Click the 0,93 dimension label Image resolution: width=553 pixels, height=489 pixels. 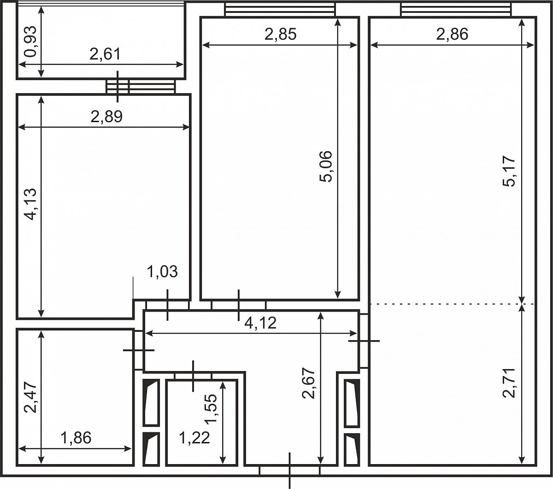30,41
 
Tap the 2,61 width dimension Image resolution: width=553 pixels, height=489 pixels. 105,54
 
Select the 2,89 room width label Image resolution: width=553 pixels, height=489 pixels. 106,117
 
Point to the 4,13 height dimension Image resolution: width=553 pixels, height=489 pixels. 30,204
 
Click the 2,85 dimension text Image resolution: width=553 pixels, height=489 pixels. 281,35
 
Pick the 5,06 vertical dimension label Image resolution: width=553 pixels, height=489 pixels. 326,166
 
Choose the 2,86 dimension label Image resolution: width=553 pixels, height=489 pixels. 452,35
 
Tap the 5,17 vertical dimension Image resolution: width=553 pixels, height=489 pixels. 509,171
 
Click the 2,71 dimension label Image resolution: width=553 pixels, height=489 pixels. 509,383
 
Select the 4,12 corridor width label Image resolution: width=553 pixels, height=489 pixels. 260,323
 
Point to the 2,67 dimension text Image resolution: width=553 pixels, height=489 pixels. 309,383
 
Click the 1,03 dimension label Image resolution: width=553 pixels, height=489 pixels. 162,271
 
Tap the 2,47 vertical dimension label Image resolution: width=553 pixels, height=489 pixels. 30,397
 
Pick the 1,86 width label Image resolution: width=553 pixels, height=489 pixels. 76,438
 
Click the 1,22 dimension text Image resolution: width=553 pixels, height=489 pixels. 194,438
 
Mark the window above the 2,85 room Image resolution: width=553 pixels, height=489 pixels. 280,10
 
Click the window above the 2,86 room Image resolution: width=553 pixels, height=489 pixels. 456,10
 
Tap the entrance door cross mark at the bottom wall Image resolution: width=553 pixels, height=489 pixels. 289,471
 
